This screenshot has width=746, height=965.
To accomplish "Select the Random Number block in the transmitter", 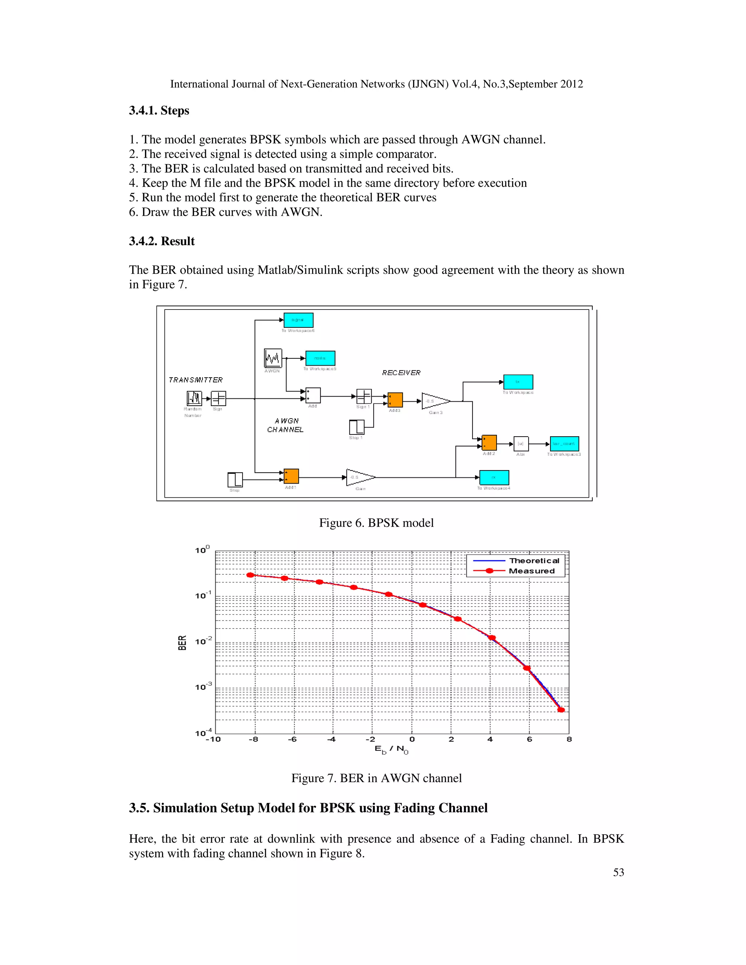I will coord(194,398).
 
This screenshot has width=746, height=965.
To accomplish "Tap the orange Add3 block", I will coord(395,400).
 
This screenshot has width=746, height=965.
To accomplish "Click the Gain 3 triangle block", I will coord(435,401).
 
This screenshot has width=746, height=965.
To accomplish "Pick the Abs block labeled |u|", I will coord(521,444).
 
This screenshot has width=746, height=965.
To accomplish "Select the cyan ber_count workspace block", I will coord(564,444).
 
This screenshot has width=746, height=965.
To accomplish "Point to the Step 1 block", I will coord(356,427).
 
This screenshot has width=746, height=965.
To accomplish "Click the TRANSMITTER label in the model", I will coord(196,380).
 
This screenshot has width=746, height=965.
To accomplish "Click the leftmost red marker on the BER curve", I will coord(250,575).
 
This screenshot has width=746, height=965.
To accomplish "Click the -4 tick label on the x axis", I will coord(331,740).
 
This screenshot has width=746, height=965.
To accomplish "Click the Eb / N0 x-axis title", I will coord(392,749).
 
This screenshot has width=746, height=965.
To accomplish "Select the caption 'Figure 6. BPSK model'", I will coord(376,523).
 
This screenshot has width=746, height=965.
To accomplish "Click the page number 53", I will coord(618,872).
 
